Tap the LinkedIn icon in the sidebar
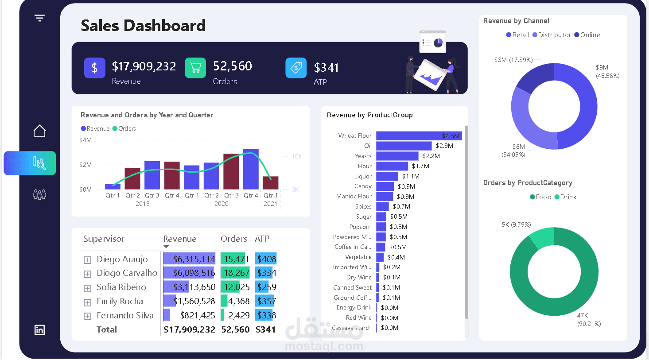[x=39, y=330]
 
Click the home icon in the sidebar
[x=39, y=131]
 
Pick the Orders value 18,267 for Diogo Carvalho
[x=236, y=273]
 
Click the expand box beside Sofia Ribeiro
[x=87, y=288]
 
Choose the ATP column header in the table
[x=262, y=239]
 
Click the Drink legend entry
[x=568, y=197]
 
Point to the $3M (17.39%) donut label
[x=513, y=60]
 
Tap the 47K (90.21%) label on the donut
[x=588, y=319]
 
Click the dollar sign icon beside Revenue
[x=94, y=68]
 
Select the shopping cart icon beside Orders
[x=195, y=68]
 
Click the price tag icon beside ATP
[x=296, y=68]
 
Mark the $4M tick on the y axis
[x=86, y=140]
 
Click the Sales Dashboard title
[x=143, y=26]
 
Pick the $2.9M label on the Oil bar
[x=444, y=146]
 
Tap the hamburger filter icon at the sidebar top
[x=39, y=18]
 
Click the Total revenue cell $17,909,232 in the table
[x=189, y=329]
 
